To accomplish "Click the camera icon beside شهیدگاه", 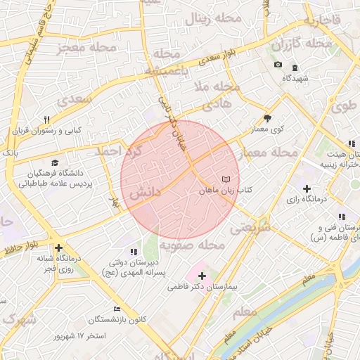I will tap(278, 65).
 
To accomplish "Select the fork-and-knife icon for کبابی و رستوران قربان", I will tap(46, 120).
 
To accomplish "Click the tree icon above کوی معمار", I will tap(267, 118).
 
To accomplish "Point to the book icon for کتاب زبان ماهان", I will tap(225, 180).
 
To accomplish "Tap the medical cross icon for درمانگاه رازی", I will tap(307, 188).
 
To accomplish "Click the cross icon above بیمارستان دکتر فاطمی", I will tap(202, 276).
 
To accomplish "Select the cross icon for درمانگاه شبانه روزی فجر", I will tap(58, 247).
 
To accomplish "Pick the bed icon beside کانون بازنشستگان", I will tap(117, 309).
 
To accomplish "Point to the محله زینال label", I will tap(205, 20).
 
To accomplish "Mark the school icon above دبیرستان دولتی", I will tap(133, 252).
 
